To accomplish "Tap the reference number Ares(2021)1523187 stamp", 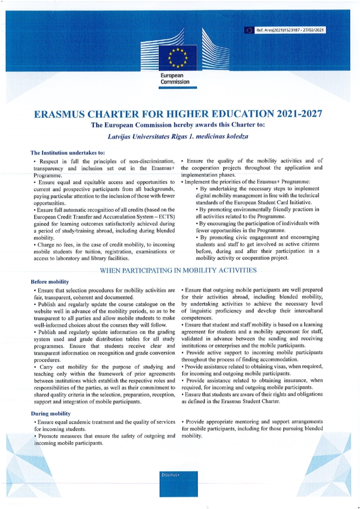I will (290, 30).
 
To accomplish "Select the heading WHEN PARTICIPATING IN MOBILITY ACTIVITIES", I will (179, 271).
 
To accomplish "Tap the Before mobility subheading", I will (50, 281).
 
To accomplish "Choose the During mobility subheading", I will (50, 413).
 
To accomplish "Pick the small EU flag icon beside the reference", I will (249, 30).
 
